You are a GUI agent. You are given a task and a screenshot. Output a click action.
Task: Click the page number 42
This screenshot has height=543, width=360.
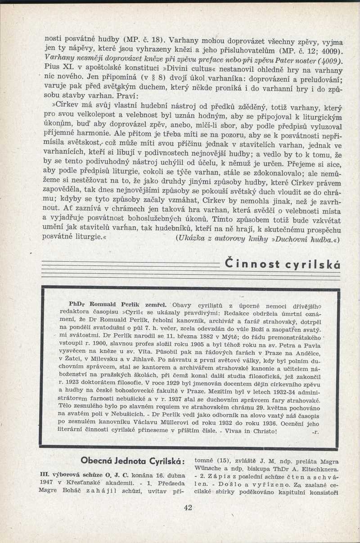click(188, 507)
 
